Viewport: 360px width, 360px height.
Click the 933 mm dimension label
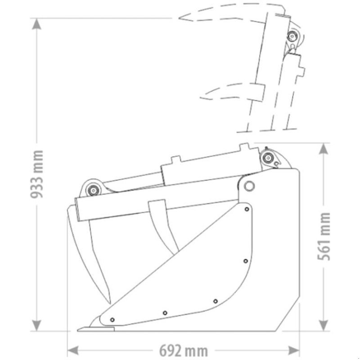tap(37, 174)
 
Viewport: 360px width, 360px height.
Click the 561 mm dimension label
tap(324, 237)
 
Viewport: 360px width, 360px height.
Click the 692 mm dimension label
tap(184, 351)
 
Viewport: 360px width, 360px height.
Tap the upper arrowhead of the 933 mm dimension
tap(36, 24)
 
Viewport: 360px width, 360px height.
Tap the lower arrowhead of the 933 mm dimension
tap(36, 325)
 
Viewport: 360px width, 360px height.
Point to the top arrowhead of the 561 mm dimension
tap(324, 149)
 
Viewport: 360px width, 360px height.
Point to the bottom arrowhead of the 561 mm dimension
tap(324, 325)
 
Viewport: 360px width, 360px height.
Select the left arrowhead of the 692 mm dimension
tap(73, 351)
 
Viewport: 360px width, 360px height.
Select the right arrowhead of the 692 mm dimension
tap(294, 351)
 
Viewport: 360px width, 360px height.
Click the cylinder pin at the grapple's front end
tap(93, 190)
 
